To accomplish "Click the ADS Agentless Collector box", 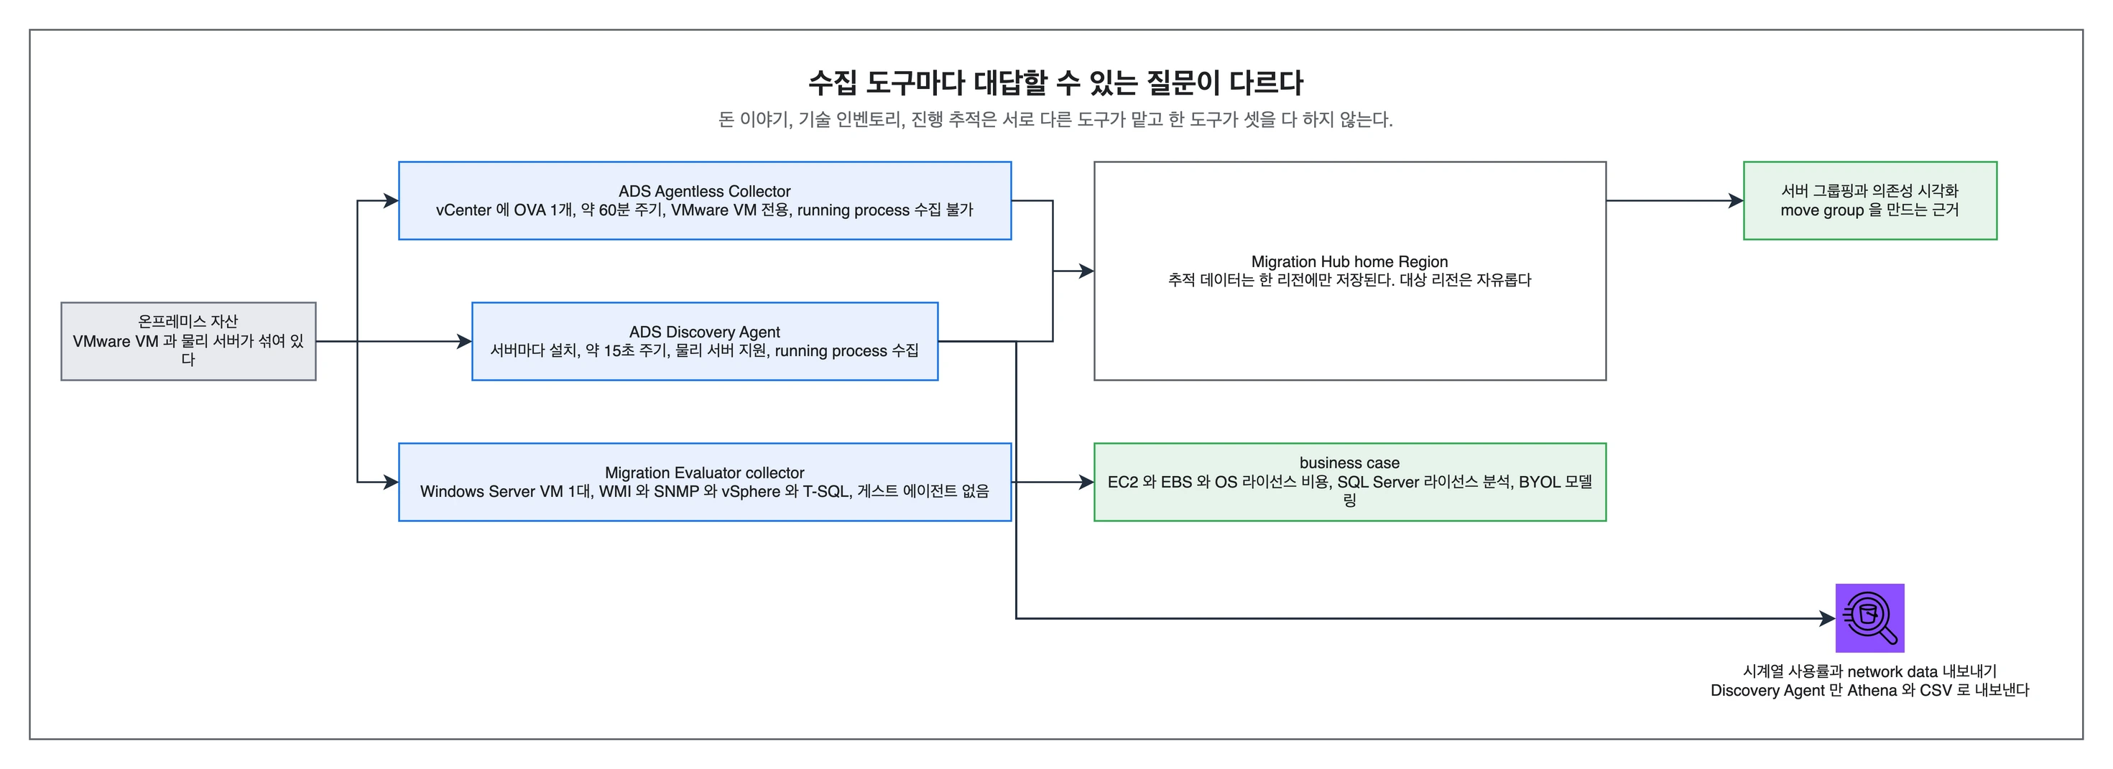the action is (705, 201).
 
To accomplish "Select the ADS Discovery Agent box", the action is (705, 341).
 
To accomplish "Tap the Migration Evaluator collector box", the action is (705, 482).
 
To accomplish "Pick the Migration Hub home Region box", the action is (1349, 271).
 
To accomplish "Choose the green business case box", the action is (1349, 482).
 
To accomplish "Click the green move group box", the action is (1869, 201).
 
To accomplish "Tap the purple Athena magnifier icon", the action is (1869, 618).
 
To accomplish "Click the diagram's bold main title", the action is (1055, 83).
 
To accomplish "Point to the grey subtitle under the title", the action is (1055, 120).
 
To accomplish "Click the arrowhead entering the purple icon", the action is (1828, 618).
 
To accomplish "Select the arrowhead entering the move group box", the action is (1736, 201).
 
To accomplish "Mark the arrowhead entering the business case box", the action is (1086, 482).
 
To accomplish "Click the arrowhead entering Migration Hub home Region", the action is (1086, 271).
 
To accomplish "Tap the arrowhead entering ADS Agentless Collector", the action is (390, 201).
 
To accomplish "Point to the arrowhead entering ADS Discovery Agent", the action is (463, 341).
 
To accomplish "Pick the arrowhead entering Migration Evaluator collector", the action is (390, 482).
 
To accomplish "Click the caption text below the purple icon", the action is (1869, 681).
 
